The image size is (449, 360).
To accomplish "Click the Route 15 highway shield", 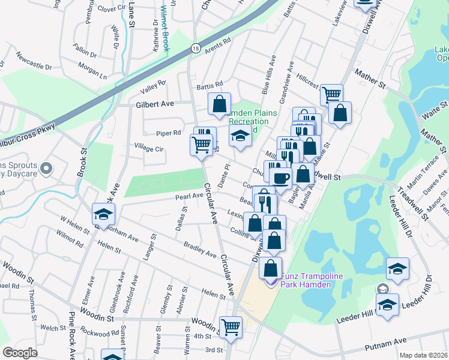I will pos(196,48).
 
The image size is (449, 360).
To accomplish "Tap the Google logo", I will pos(20,353).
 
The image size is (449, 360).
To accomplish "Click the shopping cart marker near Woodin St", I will pos(231,328).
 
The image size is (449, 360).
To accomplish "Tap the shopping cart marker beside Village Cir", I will pos(200,144).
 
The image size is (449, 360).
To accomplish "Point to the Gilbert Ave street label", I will pos(154,104).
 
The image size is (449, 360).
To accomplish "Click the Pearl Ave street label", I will pos(189,196).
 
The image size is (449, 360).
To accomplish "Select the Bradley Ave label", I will pos(200,250).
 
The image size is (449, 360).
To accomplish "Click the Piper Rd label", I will pos(168,133).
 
